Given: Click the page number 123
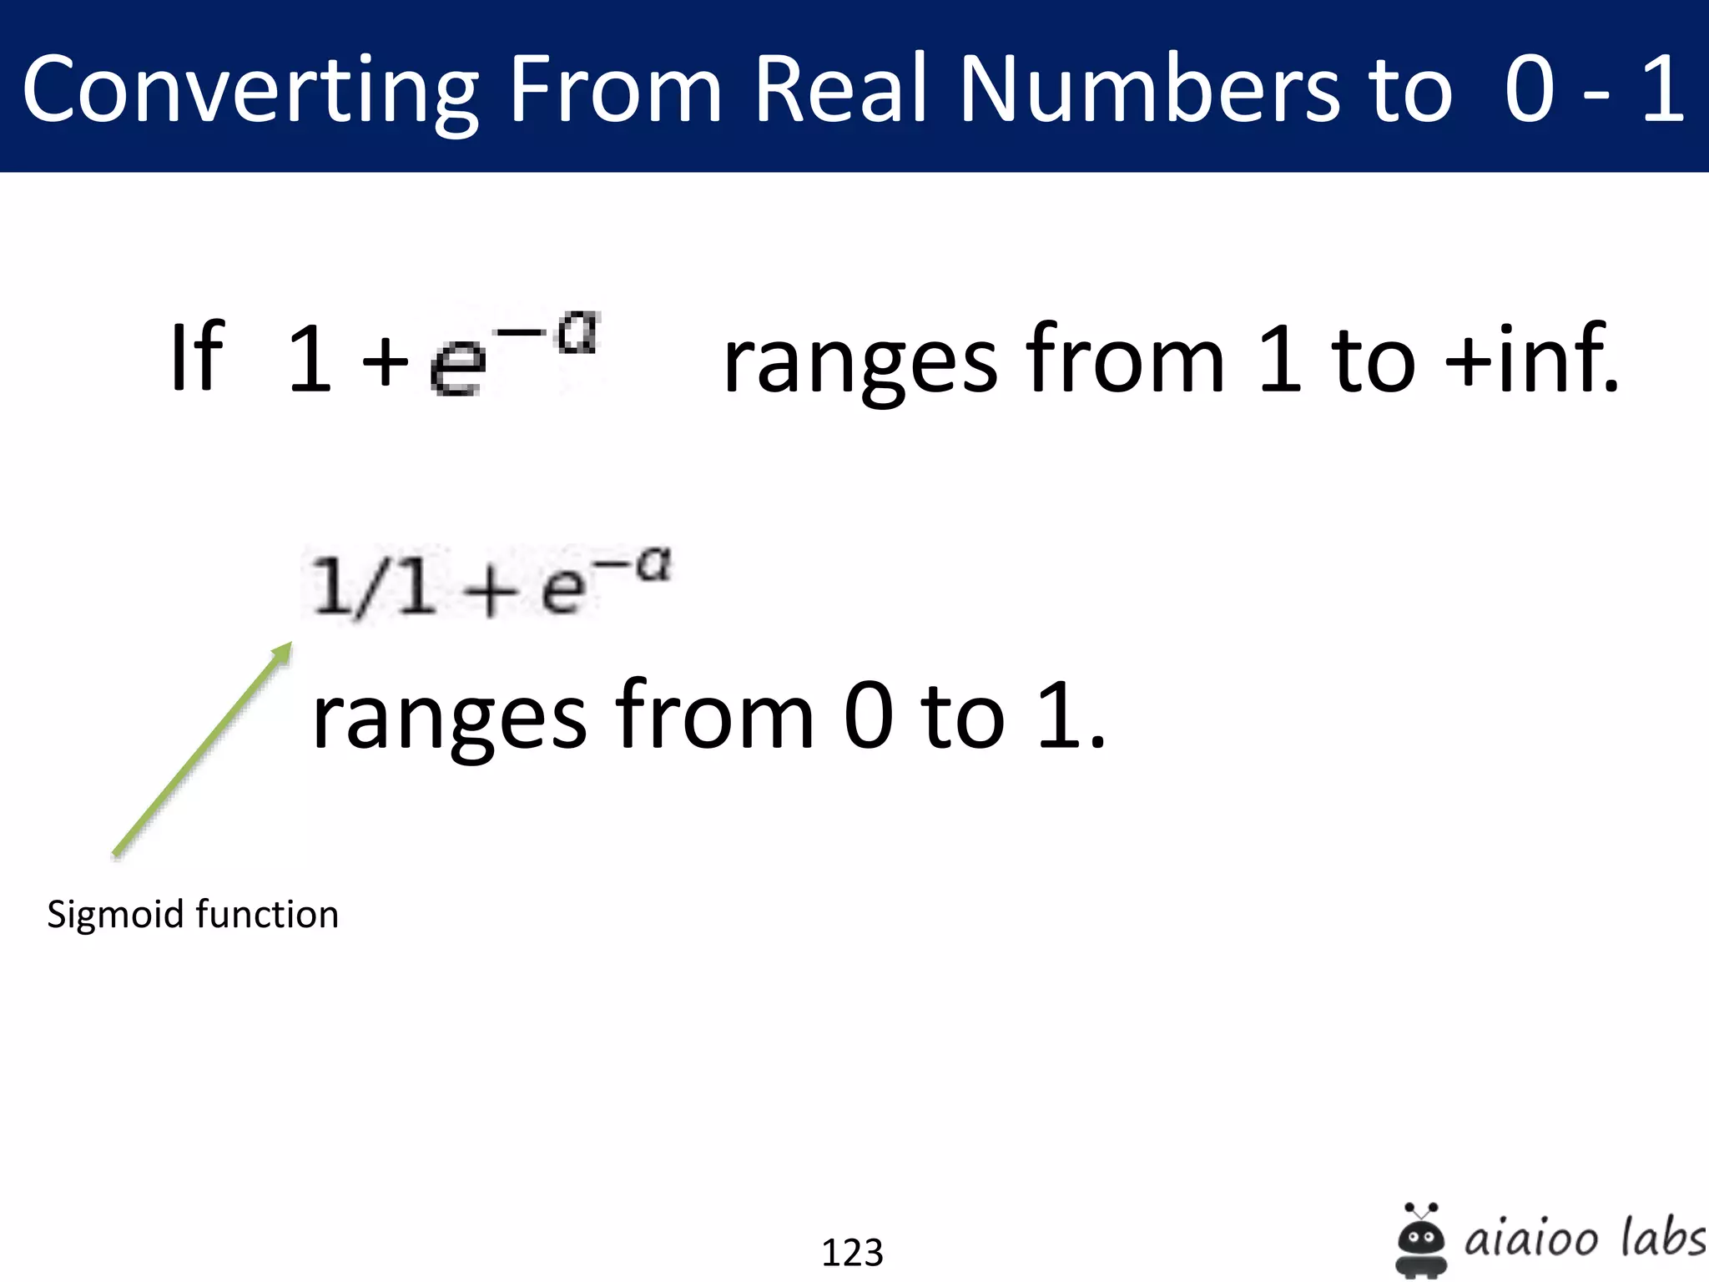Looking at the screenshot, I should point(852,1252).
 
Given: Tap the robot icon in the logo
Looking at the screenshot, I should point(1421,1239).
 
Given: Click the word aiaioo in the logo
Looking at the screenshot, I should point(1531,1239).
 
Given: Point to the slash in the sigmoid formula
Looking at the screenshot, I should point(368,589).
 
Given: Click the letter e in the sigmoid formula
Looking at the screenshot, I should point(562,590).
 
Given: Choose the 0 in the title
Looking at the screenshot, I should point(1530,88).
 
